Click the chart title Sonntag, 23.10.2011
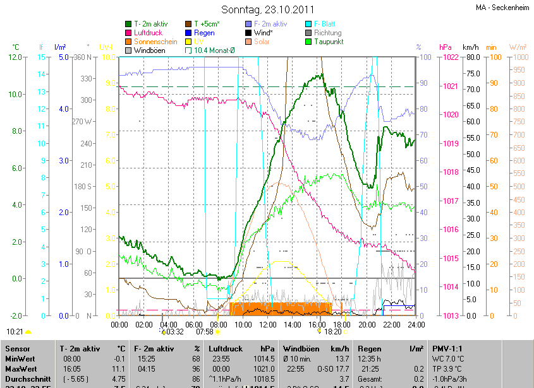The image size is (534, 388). (x=267, y=9)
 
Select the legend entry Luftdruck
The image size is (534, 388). (x=149, y=33)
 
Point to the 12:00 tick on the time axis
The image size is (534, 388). (x=268, y=324)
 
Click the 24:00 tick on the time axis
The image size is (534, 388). (x=416, y=324)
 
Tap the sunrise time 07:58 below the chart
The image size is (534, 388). (x=205, y=331)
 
